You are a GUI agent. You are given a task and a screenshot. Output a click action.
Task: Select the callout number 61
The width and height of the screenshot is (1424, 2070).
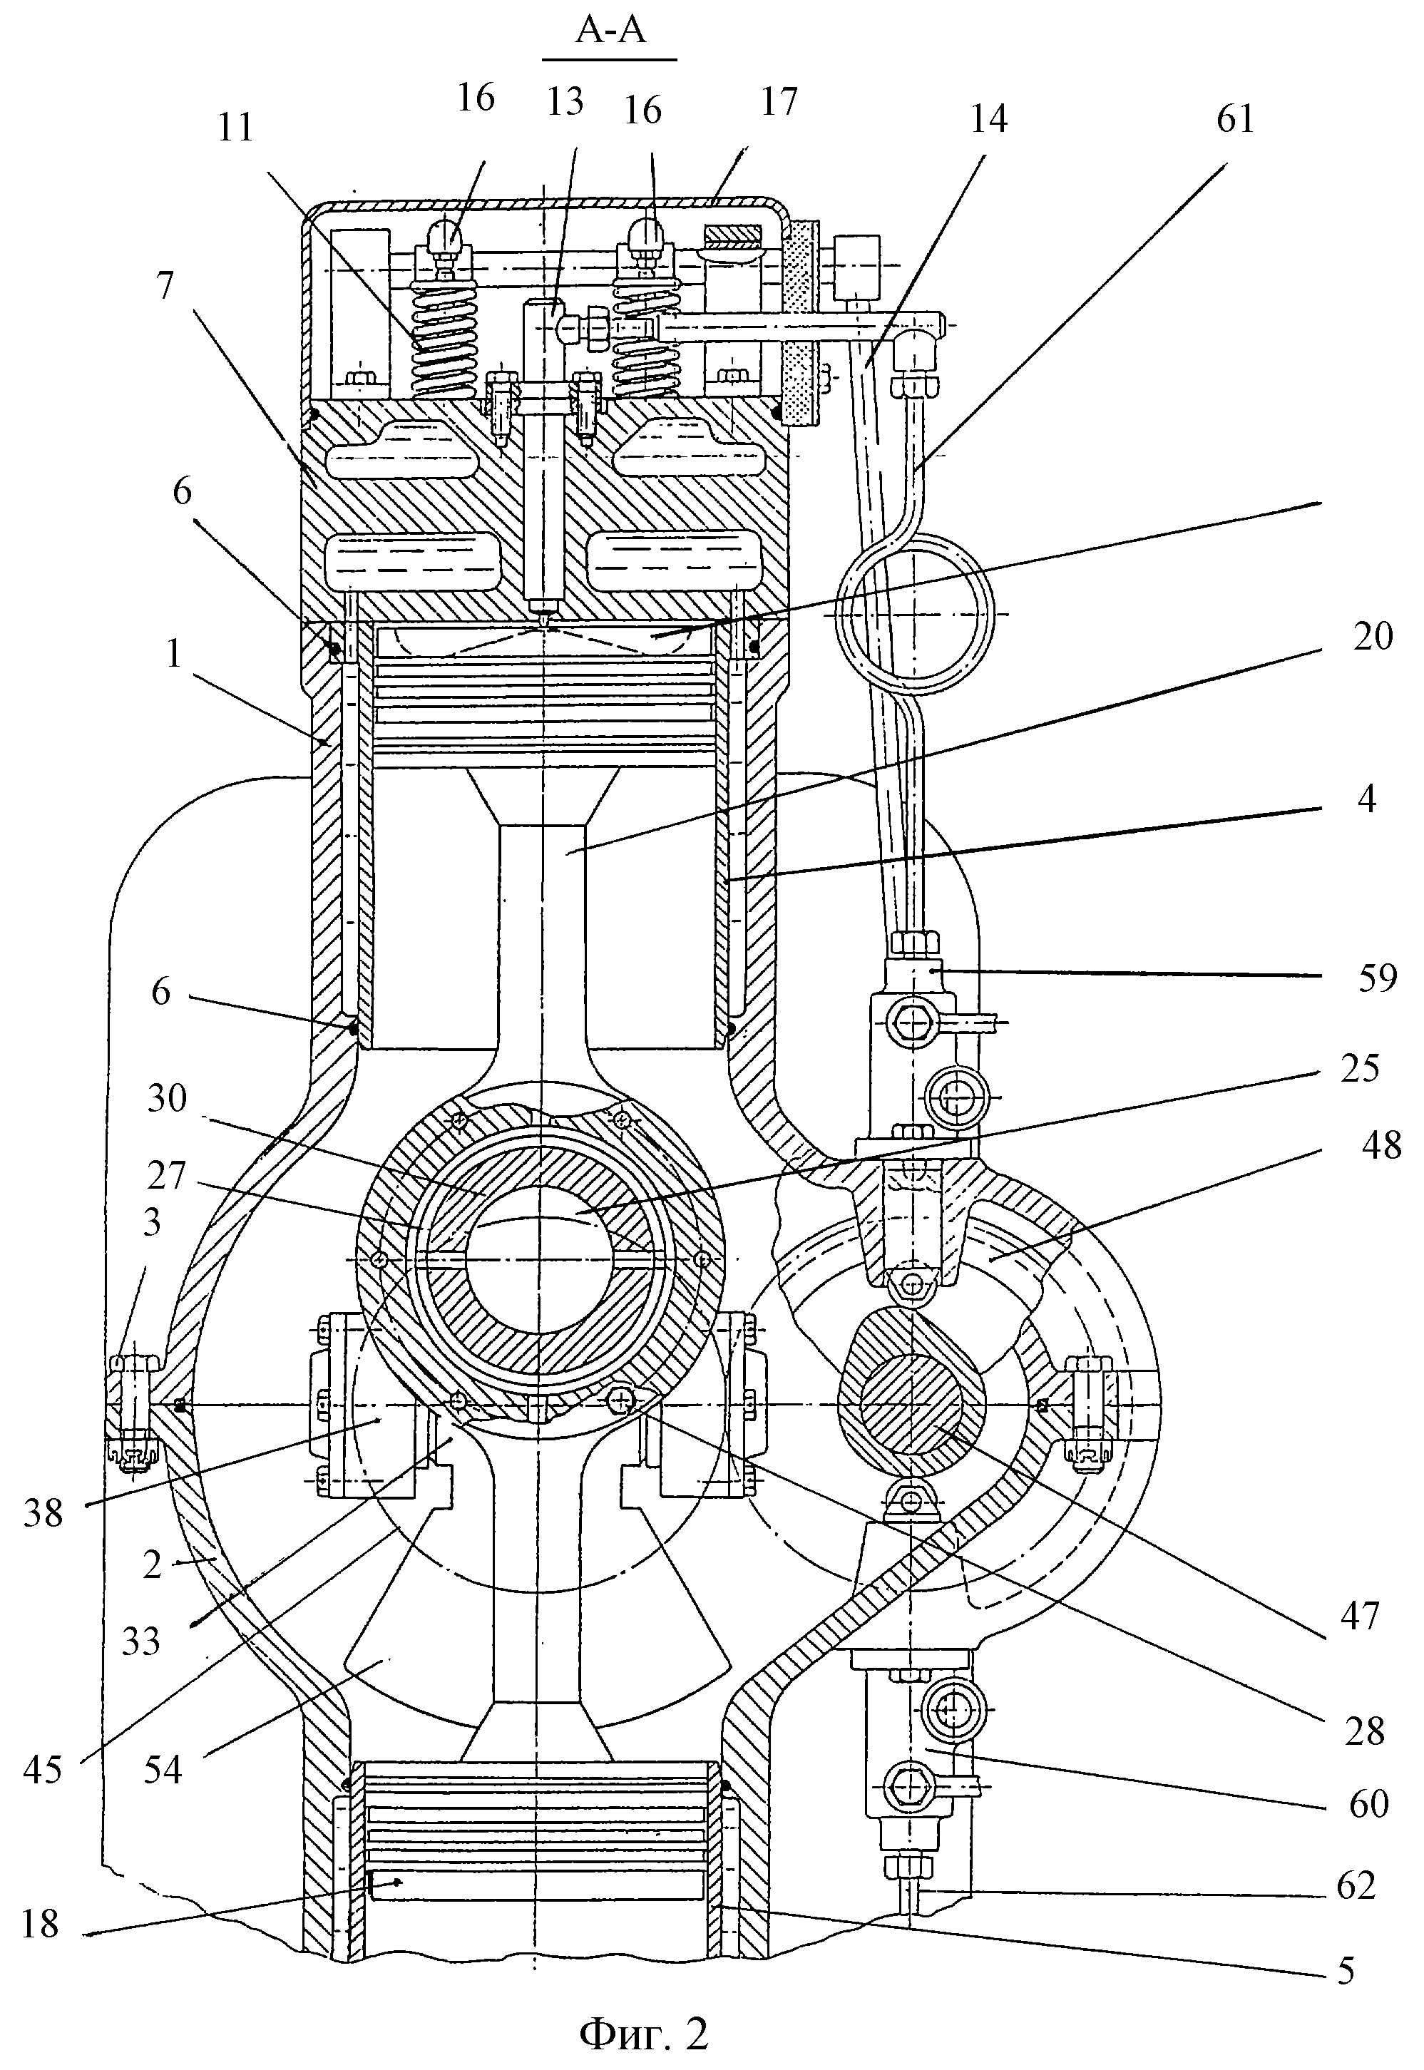click(x=1235, y=118)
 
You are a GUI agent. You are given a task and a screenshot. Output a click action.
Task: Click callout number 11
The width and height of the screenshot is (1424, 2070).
click(x=235, y=128)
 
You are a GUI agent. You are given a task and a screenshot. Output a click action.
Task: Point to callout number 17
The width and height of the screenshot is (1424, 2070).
click(x=778, y=101)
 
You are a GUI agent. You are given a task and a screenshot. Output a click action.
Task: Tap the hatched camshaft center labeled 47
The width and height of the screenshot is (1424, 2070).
click(x=912, y=1406)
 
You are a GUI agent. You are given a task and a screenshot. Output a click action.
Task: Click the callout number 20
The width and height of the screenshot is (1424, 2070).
click(x=1371, y=636)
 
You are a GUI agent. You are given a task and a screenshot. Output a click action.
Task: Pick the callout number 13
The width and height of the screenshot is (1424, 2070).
click(x=564, y=101)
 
